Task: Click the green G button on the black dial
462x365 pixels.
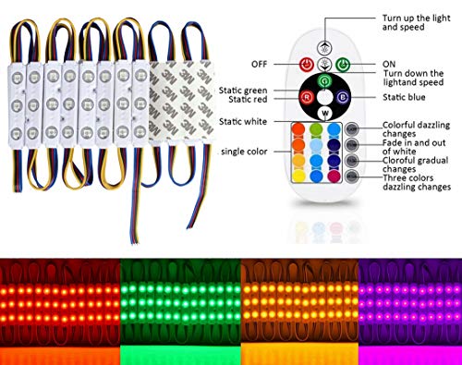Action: pyautogui.click(x=325, y=79)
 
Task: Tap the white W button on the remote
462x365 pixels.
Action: pyautogui.click(x=325, y=112)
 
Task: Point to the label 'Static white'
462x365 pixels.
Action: pyautogui.click(x=246, y=122)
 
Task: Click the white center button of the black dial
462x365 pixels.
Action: pyautogui.click(x=325, y=95)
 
